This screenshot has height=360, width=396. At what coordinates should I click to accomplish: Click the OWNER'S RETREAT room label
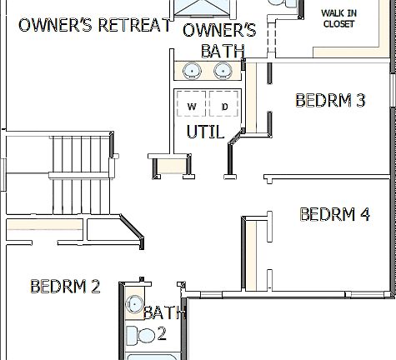pyautogui.click(x=94, y=25)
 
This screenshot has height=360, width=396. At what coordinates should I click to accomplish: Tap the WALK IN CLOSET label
pyautogui.click(x=338, y=18)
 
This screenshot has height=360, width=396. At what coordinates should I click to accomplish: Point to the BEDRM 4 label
pyautogui.click(x=334, y=214)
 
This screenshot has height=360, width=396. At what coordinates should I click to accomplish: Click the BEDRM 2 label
pyautogui.click(x=65, y=287)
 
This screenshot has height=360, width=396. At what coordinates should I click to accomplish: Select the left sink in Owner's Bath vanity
pyautogui.click(x=192, y=70)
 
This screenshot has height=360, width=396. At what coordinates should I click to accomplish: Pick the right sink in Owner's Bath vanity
pyautogui.click(x=223, y=70)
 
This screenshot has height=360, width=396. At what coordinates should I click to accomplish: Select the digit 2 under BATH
pyautogui.click(x=162, y=334)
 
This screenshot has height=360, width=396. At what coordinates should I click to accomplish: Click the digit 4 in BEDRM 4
pyautogui.click(x=363, y=214)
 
